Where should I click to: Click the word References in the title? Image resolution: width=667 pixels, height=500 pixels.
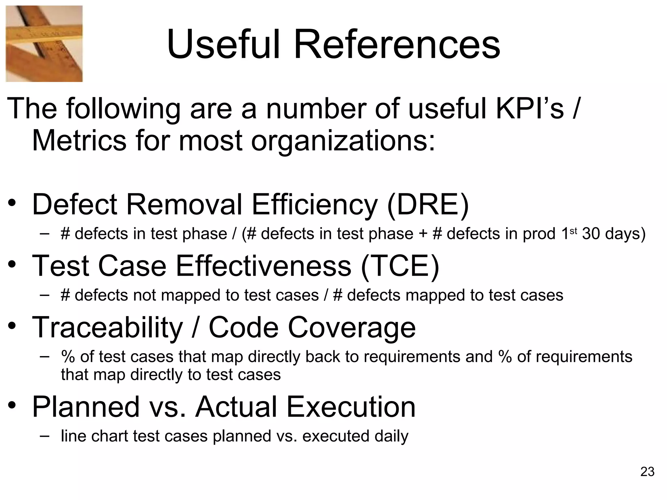point(397,45)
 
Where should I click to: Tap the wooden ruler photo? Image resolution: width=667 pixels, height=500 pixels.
point(44,44)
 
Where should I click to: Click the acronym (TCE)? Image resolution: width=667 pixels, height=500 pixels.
point(400,266)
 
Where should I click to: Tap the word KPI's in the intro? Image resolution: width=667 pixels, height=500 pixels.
point(530,109)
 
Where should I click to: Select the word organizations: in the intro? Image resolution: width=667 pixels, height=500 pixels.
point(343,141)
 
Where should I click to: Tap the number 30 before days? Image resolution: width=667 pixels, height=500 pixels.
point(591,234)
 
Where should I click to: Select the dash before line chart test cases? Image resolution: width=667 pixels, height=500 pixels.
point(45,436)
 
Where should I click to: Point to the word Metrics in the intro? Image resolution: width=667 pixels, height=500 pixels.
point(79,141)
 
